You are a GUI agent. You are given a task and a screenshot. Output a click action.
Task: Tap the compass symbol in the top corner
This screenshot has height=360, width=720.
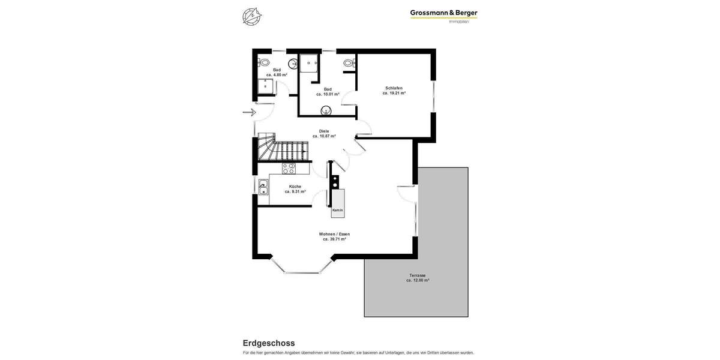252,16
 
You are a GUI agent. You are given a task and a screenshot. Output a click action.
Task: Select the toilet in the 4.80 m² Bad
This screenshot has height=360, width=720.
264,62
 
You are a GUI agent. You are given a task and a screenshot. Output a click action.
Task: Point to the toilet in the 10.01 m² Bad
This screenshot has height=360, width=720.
349,62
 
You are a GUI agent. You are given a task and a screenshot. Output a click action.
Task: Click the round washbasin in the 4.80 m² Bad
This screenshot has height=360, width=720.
293,64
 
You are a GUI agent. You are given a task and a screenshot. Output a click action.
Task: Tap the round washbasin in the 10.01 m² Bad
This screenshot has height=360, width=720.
326,110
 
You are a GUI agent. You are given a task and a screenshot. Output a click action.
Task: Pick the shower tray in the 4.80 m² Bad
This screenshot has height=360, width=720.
265,86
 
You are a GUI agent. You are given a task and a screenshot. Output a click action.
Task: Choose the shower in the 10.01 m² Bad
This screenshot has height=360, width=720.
308,63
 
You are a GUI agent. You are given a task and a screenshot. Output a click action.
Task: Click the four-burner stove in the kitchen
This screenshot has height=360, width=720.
289,169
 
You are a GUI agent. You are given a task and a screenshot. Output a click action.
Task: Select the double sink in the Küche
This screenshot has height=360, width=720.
263,187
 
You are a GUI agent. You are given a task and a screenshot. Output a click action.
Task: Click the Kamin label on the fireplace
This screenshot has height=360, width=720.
338,210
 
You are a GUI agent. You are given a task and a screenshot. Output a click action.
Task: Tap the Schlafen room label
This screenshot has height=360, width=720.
394,88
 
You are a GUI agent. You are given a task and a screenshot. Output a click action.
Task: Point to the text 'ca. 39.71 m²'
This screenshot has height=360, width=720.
334,239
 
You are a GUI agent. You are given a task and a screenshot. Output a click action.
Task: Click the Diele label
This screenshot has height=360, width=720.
324,131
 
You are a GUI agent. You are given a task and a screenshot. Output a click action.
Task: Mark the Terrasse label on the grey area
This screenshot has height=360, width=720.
418,275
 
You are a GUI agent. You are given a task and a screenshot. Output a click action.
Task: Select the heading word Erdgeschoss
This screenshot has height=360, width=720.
269,343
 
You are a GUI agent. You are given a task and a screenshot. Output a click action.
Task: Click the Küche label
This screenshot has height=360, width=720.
295,187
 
